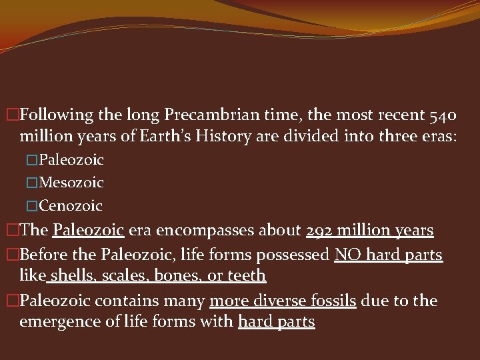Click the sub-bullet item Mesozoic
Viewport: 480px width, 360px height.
[x=71, y=182]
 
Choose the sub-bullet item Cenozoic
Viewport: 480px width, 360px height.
[x=71, y=205]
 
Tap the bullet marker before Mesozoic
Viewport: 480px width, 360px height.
[x=33, y=183]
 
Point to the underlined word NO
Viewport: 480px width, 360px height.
[x=345, y=255]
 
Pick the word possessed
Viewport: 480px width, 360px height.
[x=297, y=255]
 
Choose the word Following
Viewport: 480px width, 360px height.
[x=57, y=115]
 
